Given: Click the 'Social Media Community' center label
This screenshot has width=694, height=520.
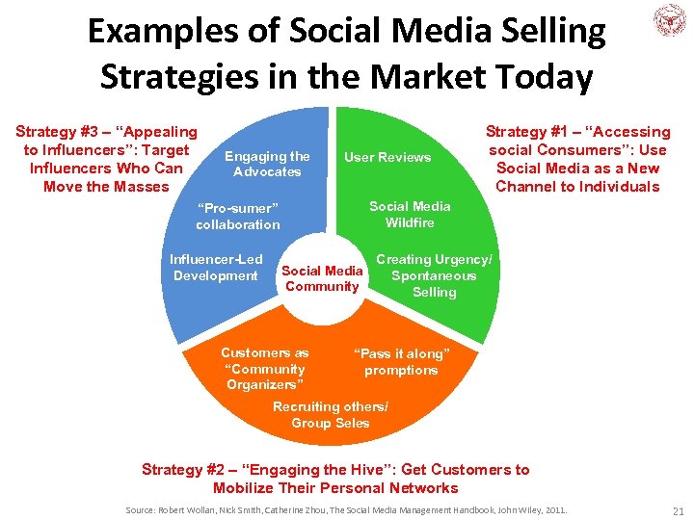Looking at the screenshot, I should [322, 278].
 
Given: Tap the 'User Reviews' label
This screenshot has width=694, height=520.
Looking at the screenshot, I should [387, 158].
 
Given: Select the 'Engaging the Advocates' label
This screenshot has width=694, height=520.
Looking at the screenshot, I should [267, 164].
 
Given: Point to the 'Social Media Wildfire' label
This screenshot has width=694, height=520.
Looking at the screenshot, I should [410, 215].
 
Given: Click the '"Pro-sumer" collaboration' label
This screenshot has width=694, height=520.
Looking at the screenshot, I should [237, 217].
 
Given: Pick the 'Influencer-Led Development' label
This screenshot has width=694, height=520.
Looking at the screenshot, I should [216, 268].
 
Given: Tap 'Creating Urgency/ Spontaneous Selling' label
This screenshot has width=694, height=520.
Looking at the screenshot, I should [434, 275].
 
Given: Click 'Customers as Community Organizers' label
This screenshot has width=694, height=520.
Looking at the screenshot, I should [264, 369].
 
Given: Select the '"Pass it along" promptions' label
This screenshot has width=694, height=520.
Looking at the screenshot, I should [401, 362].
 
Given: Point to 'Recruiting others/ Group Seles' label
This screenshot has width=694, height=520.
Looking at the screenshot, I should [330, 415].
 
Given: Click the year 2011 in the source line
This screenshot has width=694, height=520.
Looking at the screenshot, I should [554, 508].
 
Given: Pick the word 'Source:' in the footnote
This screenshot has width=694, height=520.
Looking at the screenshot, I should [145, 508].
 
